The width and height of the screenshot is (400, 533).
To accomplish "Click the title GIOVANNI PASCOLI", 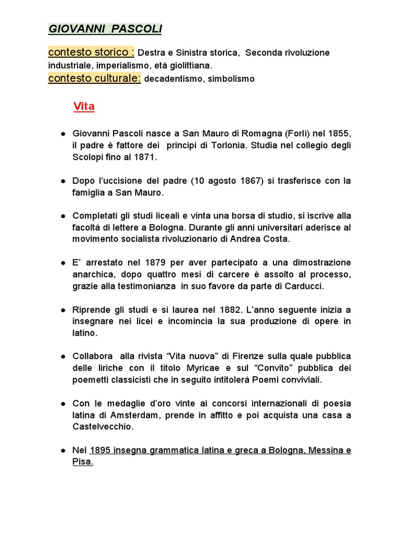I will click(x=105, y=29).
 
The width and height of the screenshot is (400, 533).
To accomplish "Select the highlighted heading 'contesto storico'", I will click(x=91, y=53).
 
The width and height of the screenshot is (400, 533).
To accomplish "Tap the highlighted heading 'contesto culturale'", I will click(x=94, y=79).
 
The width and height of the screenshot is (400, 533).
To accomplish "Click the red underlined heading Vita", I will click(x=84, y=107).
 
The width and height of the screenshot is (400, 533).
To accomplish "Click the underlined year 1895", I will click(x=101, y=450).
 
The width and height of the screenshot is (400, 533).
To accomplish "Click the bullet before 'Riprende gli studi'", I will click(x=63, y=310).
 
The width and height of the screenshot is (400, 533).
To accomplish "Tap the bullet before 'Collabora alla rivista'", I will click(x=63, y=357).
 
